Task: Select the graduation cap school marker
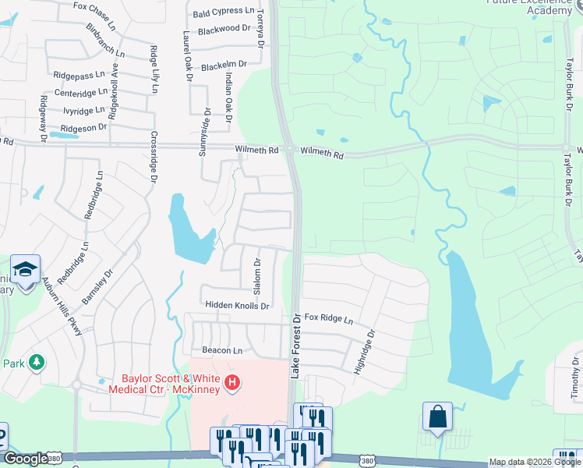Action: [x=25, y=270]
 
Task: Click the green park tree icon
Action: [x=35, y=363]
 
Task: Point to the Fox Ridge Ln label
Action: [x=328, y=319]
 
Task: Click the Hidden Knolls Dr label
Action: [x=237, y=306]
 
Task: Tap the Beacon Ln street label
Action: [x=222, y=350]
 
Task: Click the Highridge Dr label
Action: [x=365, y=351]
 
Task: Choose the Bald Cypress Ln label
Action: [x=224, y=12]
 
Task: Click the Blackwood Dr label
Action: [x=224, y=29]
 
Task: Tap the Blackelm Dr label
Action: [x=224, y=66]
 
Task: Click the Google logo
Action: [x=25, y=459]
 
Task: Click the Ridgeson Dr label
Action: [x=83, y=127]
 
